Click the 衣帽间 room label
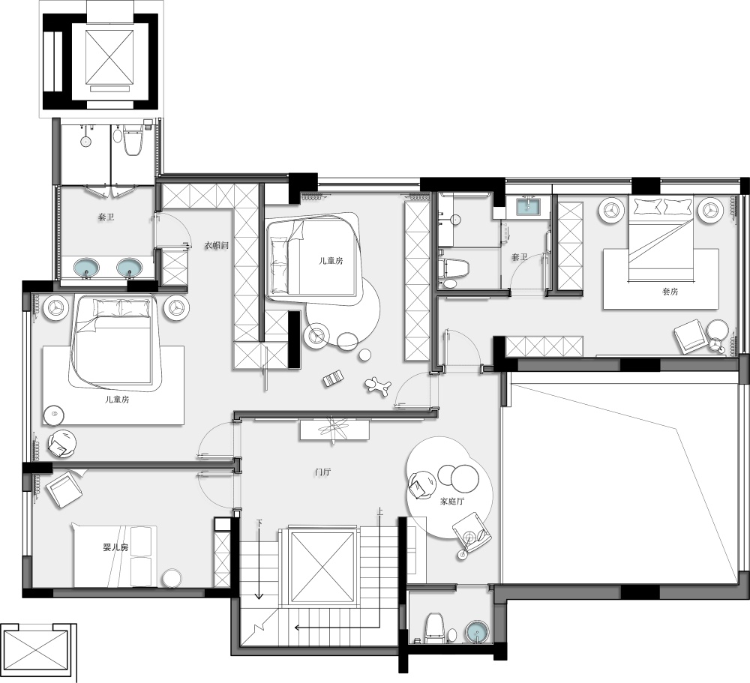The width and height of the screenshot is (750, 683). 217,246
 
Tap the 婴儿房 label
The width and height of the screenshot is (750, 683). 115,547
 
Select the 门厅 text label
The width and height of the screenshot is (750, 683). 322,472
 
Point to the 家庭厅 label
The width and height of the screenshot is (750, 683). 452,502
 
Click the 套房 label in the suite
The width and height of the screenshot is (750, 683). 670,292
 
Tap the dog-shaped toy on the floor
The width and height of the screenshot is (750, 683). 378,385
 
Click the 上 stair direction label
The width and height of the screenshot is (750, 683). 379,511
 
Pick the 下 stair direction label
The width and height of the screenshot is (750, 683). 259,523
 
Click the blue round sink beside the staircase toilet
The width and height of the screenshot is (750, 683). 477,632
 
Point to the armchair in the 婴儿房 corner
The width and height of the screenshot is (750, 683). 64,490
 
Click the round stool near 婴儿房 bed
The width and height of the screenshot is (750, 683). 172,578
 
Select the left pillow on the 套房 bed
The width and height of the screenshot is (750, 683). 647,206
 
